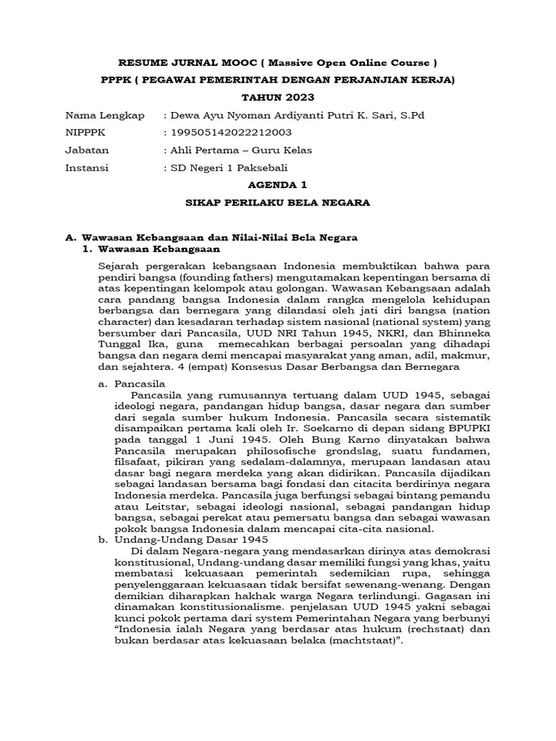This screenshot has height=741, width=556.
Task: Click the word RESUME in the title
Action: [x=139, y=62]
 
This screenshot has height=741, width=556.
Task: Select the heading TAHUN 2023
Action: [x=278, y=97]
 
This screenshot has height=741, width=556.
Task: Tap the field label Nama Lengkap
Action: [x=105, y=115]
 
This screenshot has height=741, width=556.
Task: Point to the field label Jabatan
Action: [x=87, y=151]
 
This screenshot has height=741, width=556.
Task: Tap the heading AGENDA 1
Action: [x=278, y=185]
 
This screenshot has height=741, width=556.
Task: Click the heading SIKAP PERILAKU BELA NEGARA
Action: [x=278, y=203]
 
